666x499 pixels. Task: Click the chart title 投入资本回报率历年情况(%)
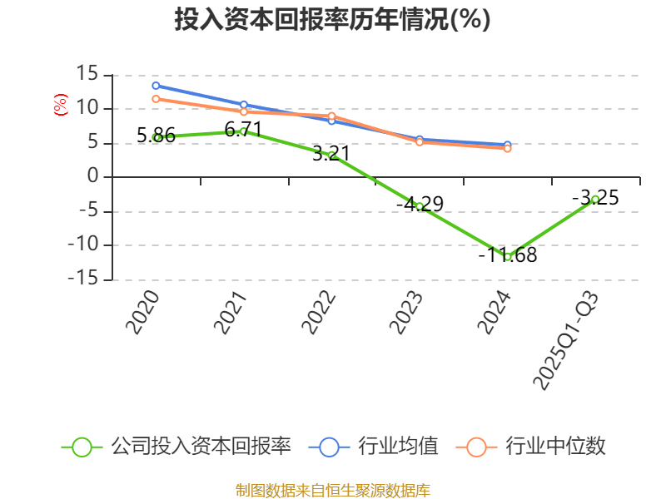(x=332, y=20)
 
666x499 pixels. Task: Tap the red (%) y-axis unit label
(x=60, y=106)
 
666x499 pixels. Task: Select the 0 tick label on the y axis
(x=93, y=177)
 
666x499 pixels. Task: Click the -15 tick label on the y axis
(x=83, y=279)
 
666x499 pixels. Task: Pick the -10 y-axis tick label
(x=83, y=245)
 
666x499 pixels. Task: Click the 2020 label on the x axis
(x=144, y=313)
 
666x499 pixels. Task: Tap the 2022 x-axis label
(x=320, y=313)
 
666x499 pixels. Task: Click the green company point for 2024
(x=507, y=257)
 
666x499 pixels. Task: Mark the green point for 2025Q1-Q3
(x=595, y=199)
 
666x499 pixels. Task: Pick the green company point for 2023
(x=420, y=206)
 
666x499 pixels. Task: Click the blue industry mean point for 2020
(x=156, y=86)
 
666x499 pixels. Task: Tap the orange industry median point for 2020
(x=156, y=99)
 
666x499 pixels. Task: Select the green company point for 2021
(x=243, y=131)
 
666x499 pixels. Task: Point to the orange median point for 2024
(x=507, y=149)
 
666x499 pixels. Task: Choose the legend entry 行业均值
(x=374, y=447)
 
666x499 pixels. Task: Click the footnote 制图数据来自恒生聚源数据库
(x=332, y=490)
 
